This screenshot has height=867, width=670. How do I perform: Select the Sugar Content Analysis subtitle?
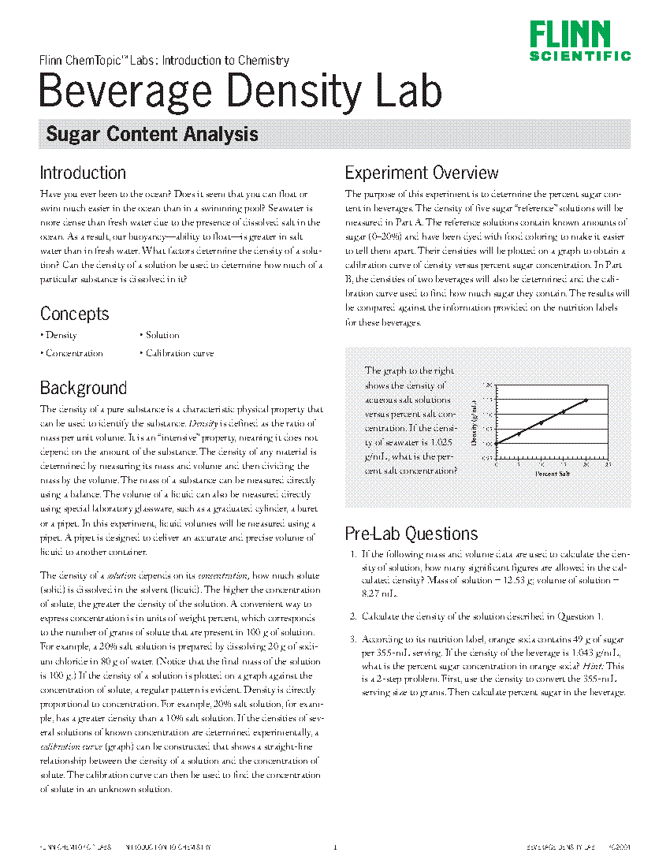pyautogui.click(x=152, y=135)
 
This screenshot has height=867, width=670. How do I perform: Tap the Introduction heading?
pyautogui.click(x=83, y=173)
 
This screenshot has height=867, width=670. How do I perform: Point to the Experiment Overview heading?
pyautogui.click(x=422, y=173)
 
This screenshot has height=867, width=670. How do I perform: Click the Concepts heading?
pyautogui.click(x=74, y=314)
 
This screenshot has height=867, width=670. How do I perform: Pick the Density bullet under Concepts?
pyautogui.click(x=61, y=336)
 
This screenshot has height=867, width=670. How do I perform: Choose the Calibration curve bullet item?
pyautogui.click(x=179, y=354)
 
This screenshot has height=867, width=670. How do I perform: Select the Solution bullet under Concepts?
pyautogui.click(x=162, y=336)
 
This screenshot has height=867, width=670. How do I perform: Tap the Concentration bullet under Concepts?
pyautogui.click(x=73, y=354)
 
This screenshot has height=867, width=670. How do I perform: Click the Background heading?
pyautogui.click(x=83, y=388)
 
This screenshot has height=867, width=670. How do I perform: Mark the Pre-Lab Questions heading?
pyautogui.click(x=411, y=534)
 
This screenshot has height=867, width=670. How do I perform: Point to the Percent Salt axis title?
pyautogui.click(x=552, y=473)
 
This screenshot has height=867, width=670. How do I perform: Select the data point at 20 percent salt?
pyautogui.click(x=586, y=400)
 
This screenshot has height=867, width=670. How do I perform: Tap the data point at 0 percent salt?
pyautogui.click(x=497, y=444)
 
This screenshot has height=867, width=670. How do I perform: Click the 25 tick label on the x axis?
pyautogui.click(x=608, y=465)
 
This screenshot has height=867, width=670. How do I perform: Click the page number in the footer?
pyautogui.click(x=335, y=848)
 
